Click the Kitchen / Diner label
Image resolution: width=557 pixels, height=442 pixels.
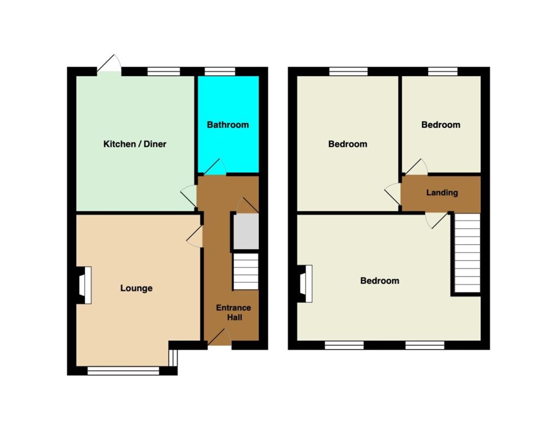click(135, 144)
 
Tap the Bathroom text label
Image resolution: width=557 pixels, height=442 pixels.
click(228, 125)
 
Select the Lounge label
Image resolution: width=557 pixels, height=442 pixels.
click(137, 288)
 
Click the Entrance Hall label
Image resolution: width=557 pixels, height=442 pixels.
click(234, 313)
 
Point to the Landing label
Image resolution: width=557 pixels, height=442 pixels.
click(442, 193)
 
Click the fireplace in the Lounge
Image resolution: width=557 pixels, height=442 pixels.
click(84, 285)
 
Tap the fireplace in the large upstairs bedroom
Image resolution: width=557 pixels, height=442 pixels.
click(305, 284)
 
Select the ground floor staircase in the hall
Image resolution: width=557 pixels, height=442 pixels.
click(245, 271)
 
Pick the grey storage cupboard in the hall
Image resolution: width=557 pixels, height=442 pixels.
click(246, 231)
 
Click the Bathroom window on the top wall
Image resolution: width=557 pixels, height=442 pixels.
click(220, 71)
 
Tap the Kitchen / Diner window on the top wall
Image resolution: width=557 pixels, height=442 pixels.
click(164, 71)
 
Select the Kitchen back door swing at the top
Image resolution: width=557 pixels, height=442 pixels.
click(109, 64)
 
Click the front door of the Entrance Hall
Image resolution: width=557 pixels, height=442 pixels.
click(219, 337)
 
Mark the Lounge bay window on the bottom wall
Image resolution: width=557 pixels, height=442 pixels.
click(123, 371)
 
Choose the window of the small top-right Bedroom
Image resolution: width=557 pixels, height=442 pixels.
click(443, 71)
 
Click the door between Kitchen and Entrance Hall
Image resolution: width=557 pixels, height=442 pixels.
click(189, 196)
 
